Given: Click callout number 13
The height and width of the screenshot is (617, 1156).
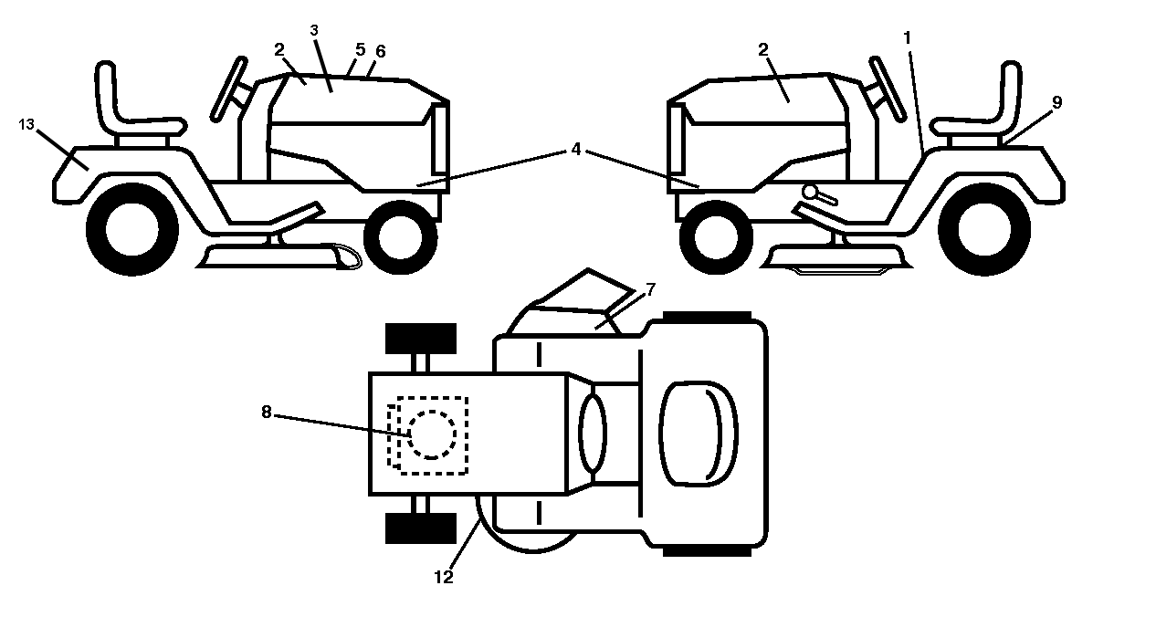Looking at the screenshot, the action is point(26,124).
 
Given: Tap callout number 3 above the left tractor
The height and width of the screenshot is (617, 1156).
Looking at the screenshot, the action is point(314,30).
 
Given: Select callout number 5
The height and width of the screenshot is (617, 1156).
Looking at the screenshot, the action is point(360,49).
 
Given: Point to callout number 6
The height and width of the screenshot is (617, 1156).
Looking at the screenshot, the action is point(381,51).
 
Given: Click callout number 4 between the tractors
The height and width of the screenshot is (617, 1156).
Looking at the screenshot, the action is point(576,149).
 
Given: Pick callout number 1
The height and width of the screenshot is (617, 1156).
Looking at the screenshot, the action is point(908,37).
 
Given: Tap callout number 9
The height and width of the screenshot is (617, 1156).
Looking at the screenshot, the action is point(1056,102).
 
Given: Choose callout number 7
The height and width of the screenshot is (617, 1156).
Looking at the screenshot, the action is point(651,289).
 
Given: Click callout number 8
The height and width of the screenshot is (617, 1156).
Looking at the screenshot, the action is point(267,412).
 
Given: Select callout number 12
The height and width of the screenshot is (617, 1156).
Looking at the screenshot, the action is point(444,577).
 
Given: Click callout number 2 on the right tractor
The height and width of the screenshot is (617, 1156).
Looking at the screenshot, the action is point(763,49).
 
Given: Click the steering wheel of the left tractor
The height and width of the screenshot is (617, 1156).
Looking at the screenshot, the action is point(228,89).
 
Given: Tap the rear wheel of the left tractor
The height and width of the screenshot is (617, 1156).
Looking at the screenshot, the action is point(132,229).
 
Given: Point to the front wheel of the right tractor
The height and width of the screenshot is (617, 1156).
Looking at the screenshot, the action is point(716,237).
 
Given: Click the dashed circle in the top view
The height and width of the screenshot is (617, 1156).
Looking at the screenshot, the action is point(431,434).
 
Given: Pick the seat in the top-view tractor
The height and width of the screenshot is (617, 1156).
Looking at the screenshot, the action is point(699,434).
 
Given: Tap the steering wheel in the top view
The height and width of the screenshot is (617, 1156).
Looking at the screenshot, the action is point(593,433).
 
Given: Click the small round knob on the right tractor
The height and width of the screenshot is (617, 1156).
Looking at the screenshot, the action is point(809,192).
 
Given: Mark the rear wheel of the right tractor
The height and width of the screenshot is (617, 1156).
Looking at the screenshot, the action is point(984,229).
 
